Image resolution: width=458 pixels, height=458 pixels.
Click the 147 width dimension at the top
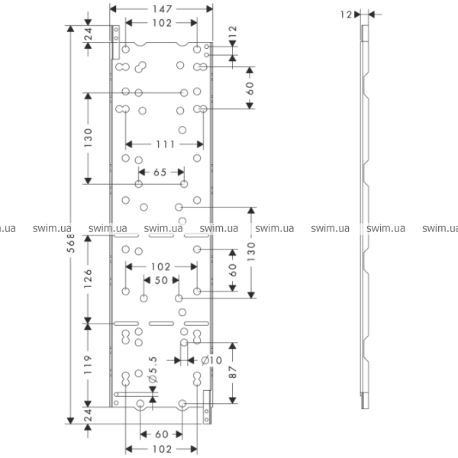point(162,9)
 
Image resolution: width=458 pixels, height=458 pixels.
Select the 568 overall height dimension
point(71,243)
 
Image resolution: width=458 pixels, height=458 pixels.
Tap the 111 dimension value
point(166,144)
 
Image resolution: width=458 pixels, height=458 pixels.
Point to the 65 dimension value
point(160,172)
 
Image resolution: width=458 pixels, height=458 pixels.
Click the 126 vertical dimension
point(88,279)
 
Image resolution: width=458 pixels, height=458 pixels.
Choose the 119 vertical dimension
point(88,365)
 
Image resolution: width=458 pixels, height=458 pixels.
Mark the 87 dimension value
point(233,373)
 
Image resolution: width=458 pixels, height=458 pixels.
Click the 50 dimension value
point(161,280)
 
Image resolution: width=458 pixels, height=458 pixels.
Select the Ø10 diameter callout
point(211,360)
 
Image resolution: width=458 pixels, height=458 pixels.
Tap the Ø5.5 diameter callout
point(153,369)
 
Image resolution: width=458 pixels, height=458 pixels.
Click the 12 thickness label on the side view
point(346,15)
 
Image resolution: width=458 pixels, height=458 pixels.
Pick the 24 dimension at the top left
point(88,34)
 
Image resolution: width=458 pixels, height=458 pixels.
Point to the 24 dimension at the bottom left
point(88,414)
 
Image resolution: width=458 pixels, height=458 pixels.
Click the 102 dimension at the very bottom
point(162,449)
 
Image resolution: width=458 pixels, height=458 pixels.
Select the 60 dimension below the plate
point(162,434)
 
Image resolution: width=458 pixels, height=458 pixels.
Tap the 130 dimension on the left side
point(88,137)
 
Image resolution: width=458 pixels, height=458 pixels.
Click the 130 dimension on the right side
point(251,251)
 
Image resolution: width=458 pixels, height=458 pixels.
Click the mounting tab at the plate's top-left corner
point(116,42)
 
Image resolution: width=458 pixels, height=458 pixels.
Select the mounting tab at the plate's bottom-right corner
point(207,407)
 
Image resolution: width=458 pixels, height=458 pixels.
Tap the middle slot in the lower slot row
point(161,324)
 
